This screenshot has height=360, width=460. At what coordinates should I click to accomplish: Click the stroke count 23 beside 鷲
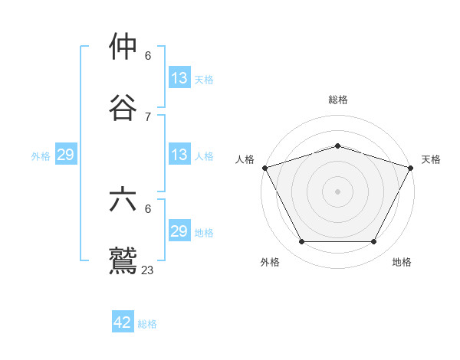148,270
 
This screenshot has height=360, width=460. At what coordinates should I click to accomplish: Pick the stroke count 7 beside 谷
148,116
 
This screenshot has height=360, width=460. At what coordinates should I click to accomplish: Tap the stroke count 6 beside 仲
148,56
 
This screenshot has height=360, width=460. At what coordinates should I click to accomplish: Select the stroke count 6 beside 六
148,209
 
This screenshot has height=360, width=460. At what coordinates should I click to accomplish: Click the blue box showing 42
123,322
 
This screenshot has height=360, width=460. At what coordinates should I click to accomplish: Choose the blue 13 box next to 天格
179,78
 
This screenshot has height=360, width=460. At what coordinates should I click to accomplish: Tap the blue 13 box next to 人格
179,155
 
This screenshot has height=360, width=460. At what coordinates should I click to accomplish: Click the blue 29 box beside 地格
179,231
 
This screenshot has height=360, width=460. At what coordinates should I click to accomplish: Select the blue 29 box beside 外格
66,155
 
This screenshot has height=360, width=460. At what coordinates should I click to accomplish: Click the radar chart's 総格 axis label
337,100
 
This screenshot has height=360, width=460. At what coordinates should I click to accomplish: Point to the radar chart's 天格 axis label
432,159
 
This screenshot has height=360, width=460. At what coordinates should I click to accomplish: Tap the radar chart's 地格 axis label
402,262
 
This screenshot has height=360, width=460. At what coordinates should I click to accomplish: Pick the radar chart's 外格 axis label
270,262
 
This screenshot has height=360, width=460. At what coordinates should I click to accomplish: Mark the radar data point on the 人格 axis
264,168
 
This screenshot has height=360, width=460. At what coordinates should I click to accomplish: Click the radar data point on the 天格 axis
411,168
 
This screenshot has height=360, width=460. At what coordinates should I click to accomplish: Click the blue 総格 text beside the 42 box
147,324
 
